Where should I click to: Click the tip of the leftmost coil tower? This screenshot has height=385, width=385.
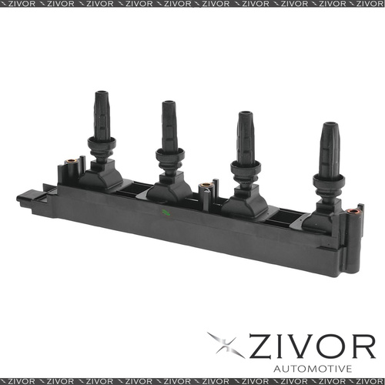point(102,95)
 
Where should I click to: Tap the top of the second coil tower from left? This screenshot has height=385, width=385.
point(169,104)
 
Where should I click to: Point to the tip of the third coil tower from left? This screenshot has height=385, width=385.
point(245,115)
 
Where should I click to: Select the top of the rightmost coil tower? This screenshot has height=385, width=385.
point(330,126)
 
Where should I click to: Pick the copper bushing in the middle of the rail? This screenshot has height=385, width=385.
point(206,186)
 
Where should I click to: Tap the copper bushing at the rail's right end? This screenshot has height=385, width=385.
point(353,211)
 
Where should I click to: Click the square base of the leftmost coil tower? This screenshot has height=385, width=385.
point(101,177)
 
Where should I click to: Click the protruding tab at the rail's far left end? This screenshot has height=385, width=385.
point(25,199)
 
